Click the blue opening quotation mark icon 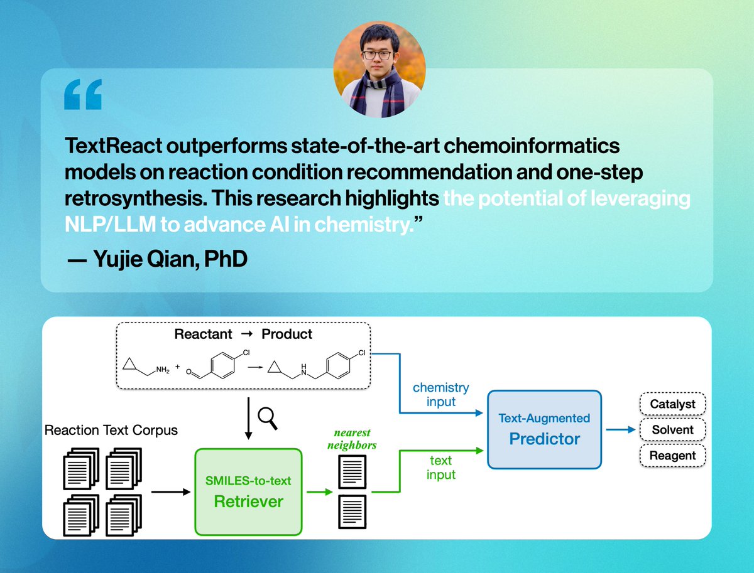pyautogui.click(x=82, y=95)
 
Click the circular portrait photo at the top pyautogui.click(x=380, y=72)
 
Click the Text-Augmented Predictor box pyautogui.click(x=544, y=429)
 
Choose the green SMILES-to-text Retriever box pyautogui.click(x=248, y=492)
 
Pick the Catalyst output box pyautogui.click(x=672, y=404)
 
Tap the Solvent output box pyautogui.click(x=672, y=430)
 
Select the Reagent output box pyautogui.click(x=672, y=456)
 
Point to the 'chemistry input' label pyautogui.click(x=440, y=395)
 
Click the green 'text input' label pyautogui.click(x=440, y=468)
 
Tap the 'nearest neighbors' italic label pyautogui.click(x=352, y=439)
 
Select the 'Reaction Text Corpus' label pyautogui.click(x=111, y=431)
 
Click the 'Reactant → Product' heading pyautogui.click(x=243, y=334)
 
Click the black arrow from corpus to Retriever pyautogui.click(x=170, y=492)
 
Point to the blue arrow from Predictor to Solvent pyautogui.click(x=620, y=431)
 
